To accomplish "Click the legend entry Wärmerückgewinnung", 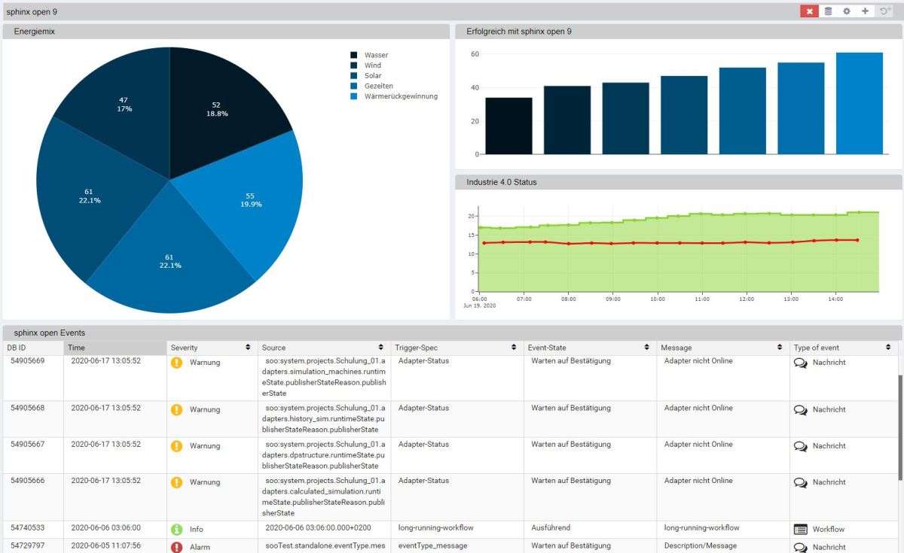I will click(x=400, y=96).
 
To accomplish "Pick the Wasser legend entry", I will click(x=376, y=55).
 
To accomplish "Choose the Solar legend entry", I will click(x=372, y=76).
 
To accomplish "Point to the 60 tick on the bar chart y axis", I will click(x=475, y=54).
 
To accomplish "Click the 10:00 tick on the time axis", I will click(x=657, y=299).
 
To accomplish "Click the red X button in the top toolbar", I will click(x=809, y=11).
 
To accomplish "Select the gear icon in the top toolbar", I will click(x=847, y=11).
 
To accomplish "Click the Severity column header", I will click(x=184, y=348).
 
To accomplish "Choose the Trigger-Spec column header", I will click(x=416, y=348).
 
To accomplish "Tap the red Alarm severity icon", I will click(x=177, y=547).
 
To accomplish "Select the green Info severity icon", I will click(x=177, y=529).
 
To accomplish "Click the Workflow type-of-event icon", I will click(x=801, y=529).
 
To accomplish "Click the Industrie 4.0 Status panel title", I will click(x=501, y=182).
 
